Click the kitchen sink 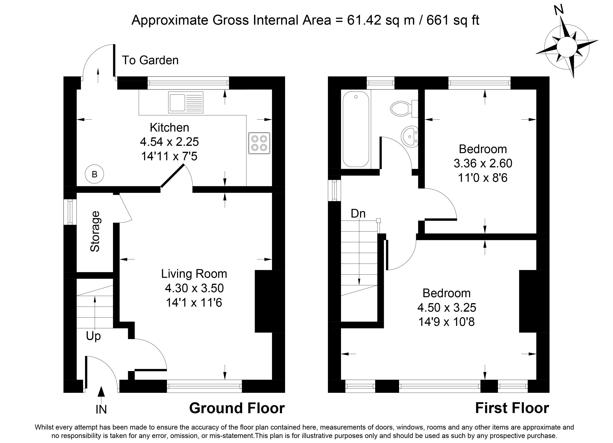click(x=186, y=103)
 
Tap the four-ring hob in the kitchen click(x=259, y=143)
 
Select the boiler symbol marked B click(x=94, y=174)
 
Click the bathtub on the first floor click(x=356, y=129)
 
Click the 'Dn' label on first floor click(x=358, y=213)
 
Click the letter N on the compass click(x=559, y=10)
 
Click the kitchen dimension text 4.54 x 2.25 click(x=170, y=141)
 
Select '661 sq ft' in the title click(x=453, y=20)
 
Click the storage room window click(x=70, y=212)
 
